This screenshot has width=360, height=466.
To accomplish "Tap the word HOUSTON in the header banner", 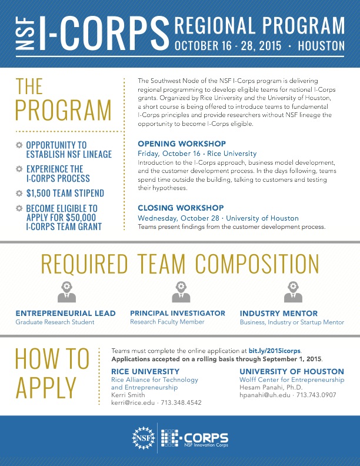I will click(x=321, y=45).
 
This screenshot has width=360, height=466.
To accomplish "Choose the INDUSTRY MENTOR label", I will click(x=278, y=314).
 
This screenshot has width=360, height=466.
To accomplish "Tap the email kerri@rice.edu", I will click(x=133, y=403).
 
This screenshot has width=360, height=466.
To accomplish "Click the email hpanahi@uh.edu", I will click(x=265, y=396).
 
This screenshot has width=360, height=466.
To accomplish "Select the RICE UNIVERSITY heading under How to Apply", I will click(x=145, y=371).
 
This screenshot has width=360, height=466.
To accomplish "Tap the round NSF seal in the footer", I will click(x=143, y=438).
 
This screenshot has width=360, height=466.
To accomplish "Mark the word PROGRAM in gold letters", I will click(x=64, y=111).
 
